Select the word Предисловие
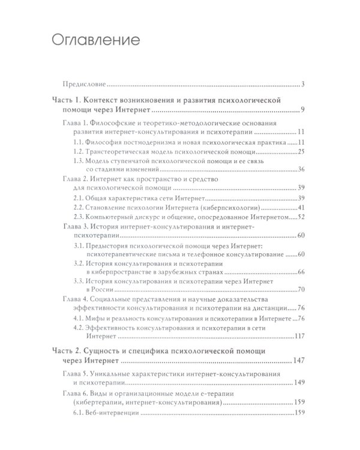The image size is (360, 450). tap(83, 84)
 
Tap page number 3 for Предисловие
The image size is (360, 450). tap(305, 84)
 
